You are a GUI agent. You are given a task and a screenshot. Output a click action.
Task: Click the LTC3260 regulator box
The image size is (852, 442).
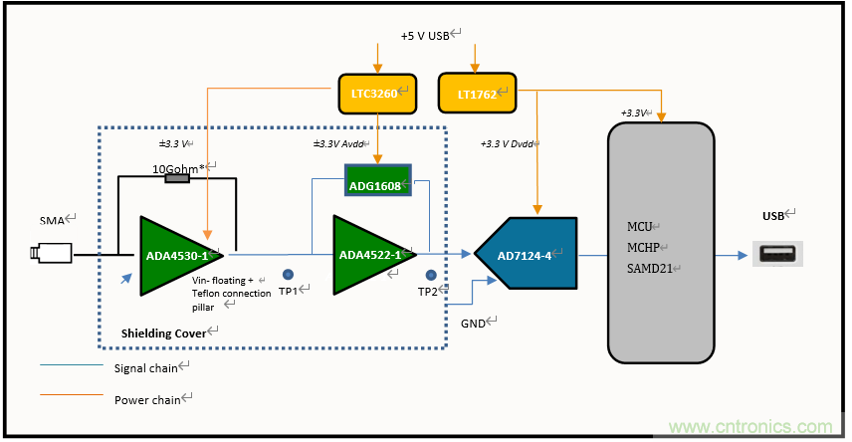coord(375,95)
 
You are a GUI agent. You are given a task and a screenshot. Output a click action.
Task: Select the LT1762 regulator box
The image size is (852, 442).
coord(477,93)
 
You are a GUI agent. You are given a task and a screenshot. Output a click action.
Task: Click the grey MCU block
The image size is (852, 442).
coord(661,242)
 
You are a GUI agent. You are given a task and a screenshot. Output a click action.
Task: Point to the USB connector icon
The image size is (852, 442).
coord(778,254)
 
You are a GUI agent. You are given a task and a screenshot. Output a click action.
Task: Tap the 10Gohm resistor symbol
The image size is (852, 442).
coord(177,178)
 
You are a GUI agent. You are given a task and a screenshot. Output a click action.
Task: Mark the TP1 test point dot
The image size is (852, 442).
coord(288,274)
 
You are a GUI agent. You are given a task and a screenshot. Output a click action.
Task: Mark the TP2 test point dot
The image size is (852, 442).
coord(431,275)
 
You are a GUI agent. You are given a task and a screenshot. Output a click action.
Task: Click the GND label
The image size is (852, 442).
coord(475,325)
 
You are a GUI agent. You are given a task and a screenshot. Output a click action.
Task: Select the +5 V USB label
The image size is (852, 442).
coord(428,35)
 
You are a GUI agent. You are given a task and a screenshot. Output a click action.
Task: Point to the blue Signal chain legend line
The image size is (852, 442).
coord(70,366)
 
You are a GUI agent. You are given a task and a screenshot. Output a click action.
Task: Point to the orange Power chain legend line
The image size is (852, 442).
coord(70,397)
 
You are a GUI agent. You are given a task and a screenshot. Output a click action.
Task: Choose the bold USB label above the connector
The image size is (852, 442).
coord(773,214)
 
